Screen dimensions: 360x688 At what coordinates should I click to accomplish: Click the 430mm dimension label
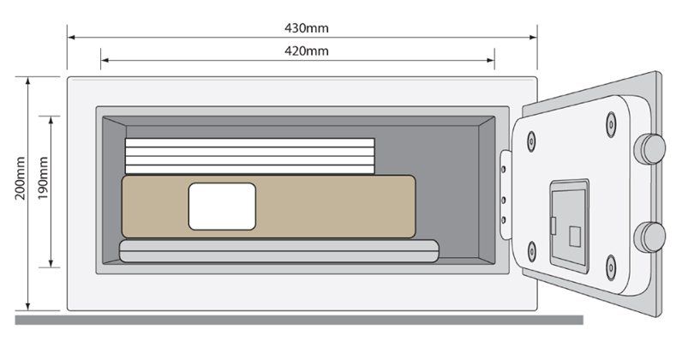tap(306, 27)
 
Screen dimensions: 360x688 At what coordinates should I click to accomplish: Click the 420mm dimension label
tap(306, 51)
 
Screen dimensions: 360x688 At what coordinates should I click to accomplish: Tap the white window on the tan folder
tap(222, 206)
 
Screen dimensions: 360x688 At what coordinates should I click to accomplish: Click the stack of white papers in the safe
tap(249, 156)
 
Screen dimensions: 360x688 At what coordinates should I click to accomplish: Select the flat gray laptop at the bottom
tap(278, 250)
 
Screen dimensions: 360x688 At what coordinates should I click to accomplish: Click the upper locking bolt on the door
tap(649, 148)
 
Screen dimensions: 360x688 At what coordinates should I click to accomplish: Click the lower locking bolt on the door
tap(649, 236)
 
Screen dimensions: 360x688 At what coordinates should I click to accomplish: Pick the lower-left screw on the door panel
tap(532, 250)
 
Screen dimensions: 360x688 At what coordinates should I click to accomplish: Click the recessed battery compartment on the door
tap(569, 225)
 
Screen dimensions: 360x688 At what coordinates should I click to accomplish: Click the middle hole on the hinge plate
tap(504, 200)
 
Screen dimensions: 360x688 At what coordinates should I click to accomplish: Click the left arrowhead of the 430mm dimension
tap(71, 38)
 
